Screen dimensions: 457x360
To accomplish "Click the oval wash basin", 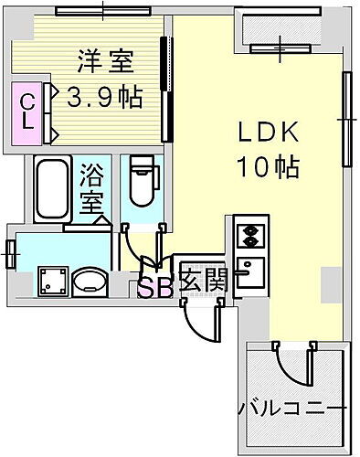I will [88, 282].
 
